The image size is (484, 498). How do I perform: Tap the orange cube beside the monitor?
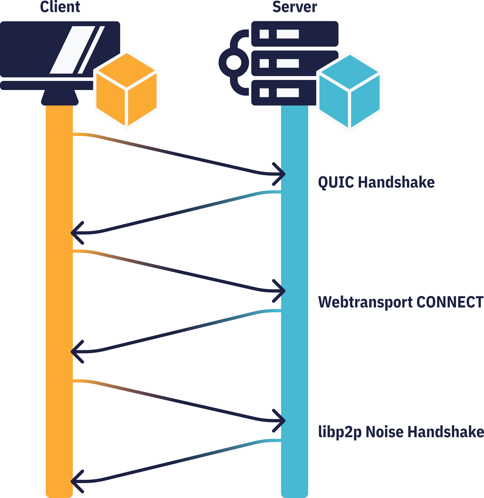click(126, 90)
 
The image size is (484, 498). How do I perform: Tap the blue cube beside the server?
click(350, 91)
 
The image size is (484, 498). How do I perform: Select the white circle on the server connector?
click(234, 62)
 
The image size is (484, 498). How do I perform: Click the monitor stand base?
click(60, 98)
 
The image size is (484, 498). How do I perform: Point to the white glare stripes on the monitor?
click(77, 50)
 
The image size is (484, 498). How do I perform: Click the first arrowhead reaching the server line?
click(281, 174)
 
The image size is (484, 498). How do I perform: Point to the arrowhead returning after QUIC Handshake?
click(76, 233)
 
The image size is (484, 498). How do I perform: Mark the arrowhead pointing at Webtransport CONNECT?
click(281, 291)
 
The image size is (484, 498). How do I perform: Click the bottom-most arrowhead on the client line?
click(76, 481)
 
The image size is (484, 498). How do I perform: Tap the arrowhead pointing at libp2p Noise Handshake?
click(281, 421)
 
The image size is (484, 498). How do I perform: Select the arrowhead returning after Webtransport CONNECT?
click(76, 352)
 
